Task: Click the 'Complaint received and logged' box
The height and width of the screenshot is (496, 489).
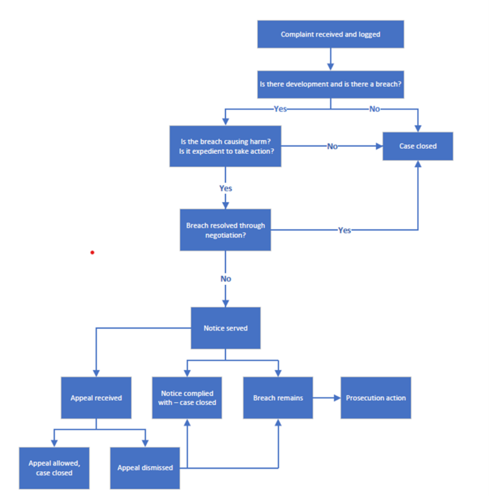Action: coord(330,34)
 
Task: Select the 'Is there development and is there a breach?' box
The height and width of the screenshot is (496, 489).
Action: coord(330,85)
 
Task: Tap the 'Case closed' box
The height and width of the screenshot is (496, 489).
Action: coord(418,146)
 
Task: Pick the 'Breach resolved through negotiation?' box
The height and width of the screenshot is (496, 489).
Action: coord(225,230)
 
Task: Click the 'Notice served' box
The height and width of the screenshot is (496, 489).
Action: coord(225,328)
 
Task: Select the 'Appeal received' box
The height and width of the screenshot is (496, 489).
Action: coord(96,398)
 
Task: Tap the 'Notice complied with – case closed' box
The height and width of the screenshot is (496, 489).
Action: coord(187,398)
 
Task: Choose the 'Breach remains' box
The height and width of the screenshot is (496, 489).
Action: coord(278,398)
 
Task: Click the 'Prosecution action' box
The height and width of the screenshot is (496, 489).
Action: coord(376,398)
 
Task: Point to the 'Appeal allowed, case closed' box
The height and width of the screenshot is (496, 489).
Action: coord(53,468)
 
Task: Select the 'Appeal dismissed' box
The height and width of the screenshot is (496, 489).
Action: coord(145,468)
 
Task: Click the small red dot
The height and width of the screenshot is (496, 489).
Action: coord(92,252)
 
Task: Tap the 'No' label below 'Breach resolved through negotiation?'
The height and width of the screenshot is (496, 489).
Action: coord(225,279)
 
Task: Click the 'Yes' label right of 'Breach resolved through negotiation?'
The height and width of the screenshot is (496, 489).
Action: coord(344,230)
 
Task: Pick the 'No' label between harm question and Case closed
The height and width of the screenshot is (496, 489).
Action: coord(332,146)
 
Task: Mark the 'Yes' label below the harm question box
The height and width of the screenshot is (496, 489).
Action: coord(225,188)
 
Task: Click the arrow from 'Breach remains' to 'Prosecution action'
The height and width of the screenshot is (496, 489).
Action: coord(327,398)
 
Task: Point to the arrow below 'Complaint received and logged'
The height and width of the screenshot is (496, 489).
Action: coord(330,59)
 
